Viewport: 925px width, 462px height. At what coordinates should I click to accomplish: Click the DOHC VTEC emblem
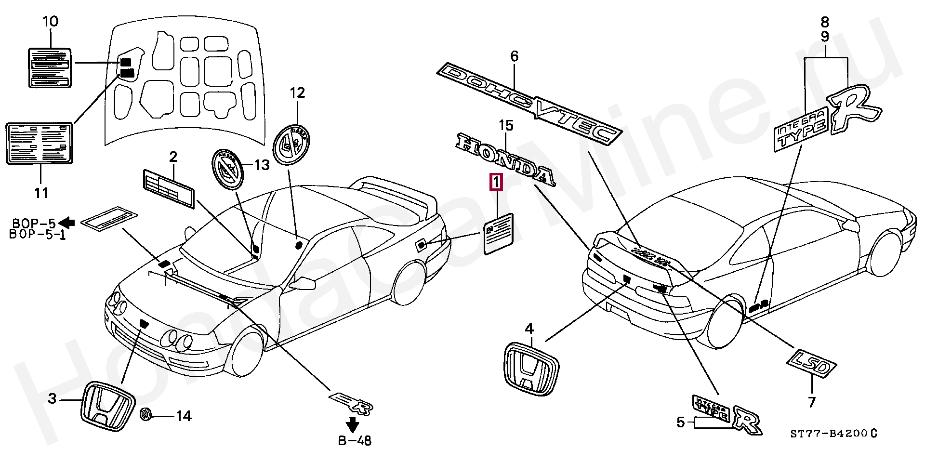(528, 103)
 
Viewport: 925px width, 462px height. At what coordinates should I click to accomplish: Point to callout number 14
(184, 416)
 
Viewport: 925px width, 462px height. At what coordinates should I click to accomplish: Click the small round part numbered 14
(145, 415)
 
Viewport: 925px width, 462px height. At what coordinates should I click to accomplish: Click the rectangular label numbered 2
(168, 188)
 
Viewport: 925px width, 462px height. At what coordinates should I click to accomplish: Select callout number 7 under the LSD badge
(812, 401)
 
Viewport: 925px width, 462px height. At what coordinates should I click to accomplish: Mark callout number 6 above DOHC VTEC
(514, 56)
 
